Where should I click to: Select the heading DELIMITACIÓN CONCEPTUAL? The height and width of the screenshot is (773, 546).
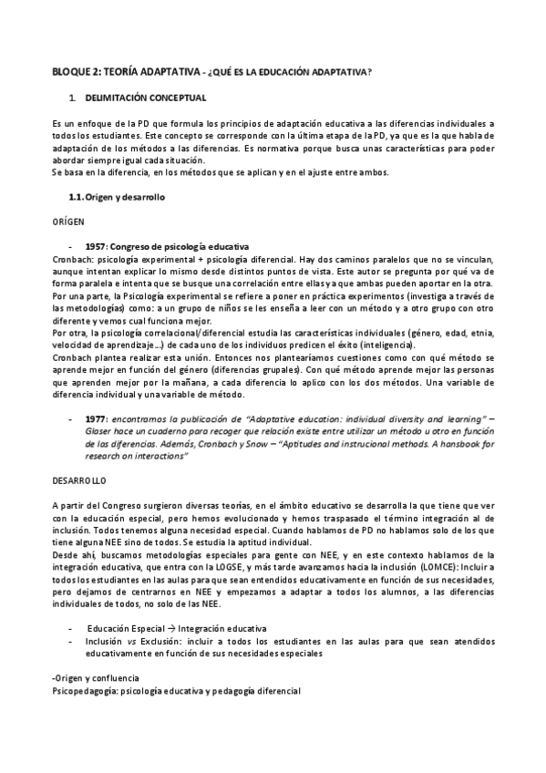coord(146,97)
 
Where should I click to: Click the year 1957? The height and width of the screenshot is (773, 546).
coord(97,247)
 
